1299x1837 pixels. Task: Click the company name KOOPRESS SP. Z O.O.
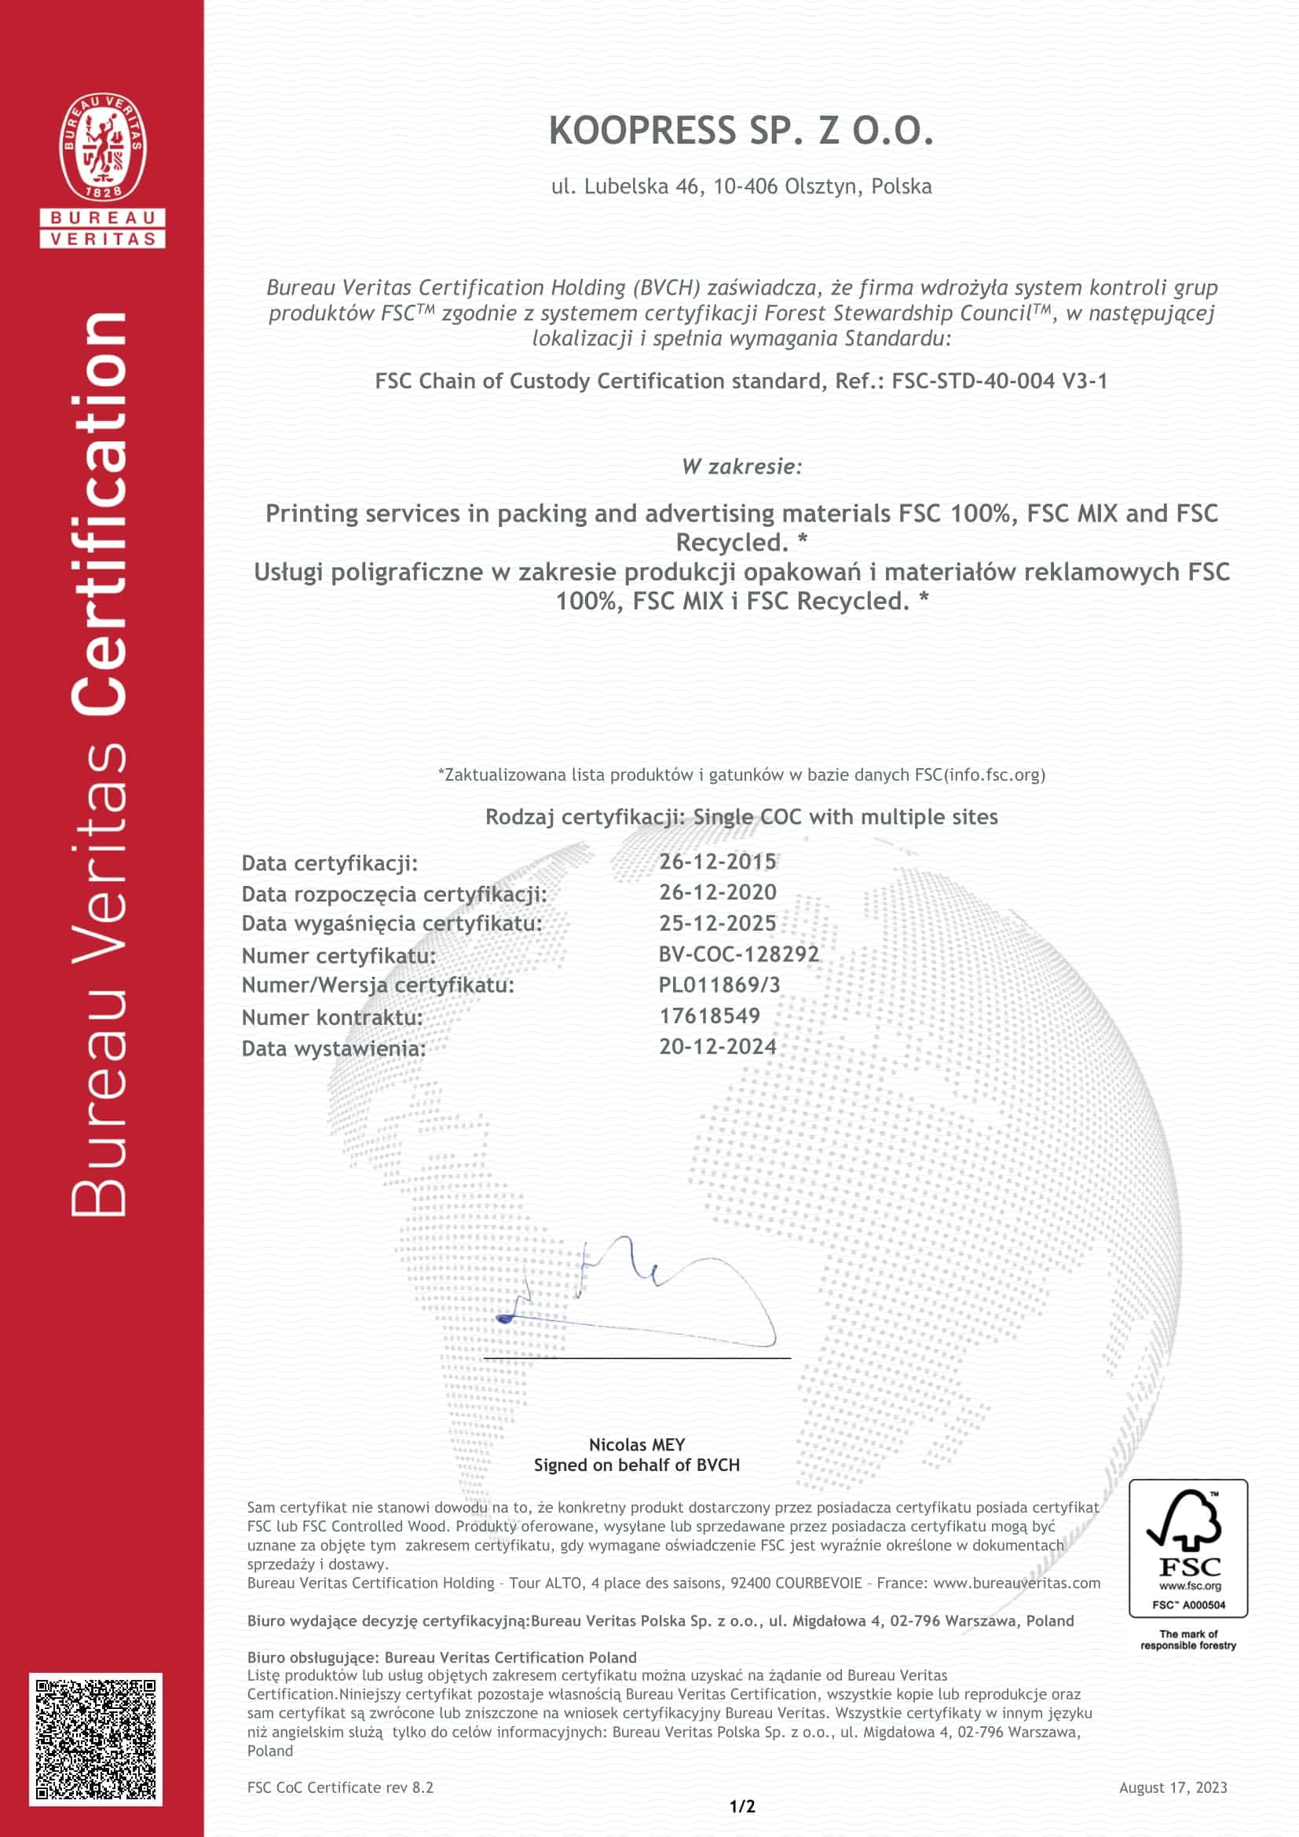point(741,131)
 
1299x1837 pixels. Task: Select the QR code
point(96,1739)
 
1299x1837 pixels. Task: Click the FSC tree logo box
point(1187,1547)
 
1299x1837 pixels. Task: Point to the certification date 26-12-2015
point(717,862)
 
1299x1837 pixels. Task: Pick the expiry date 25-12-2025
point(717,924)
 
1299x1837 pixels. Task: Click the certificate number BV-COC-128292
point(738,953)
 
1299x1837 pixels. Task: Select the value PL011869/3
point(719,985)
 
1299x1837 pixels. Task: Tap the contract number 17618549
point(709,1016)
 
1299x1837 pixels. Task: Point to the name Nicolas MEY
point(637,1444)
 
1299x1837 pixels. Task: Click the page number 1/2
point(741,1806)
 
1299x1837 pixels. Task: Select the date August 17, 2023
point(1173,1788)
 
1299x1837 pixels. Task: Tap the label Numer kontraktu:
point(332,1018)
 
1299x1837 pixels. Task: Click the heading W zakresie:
point(741,467)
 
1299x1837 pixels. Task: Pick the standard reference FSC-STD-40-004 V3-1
point(999,381)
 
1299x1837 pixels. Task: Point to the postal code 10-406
point(745,186)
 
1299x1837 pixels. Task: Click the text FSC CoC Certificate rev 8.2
point(340,1788)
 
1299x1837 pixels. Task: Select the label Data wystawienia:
point(334,1048)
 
